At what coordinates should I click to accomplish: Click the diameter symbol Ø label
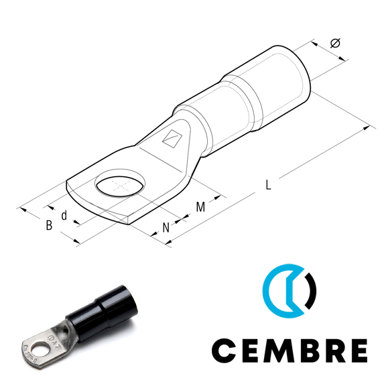tap(335, 43)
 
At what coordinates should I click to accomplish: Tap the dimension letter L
tap(268, 185)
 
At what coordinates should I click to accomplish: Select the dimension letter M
tap(200, 206)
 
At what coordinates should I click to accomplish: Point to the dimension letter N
tap(166, 228)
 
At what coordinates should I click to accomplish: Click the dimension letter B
tap(49, 225)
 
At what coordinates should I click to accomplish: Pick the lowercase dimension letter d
tap(64, 215)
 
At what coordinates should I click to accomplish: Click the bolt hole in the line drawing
tap(121, 185)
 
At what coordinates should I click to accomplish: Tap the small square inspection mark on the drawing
tap(172, 139)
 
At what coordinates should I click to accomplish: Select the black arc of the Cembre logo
tap(312, 291)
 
